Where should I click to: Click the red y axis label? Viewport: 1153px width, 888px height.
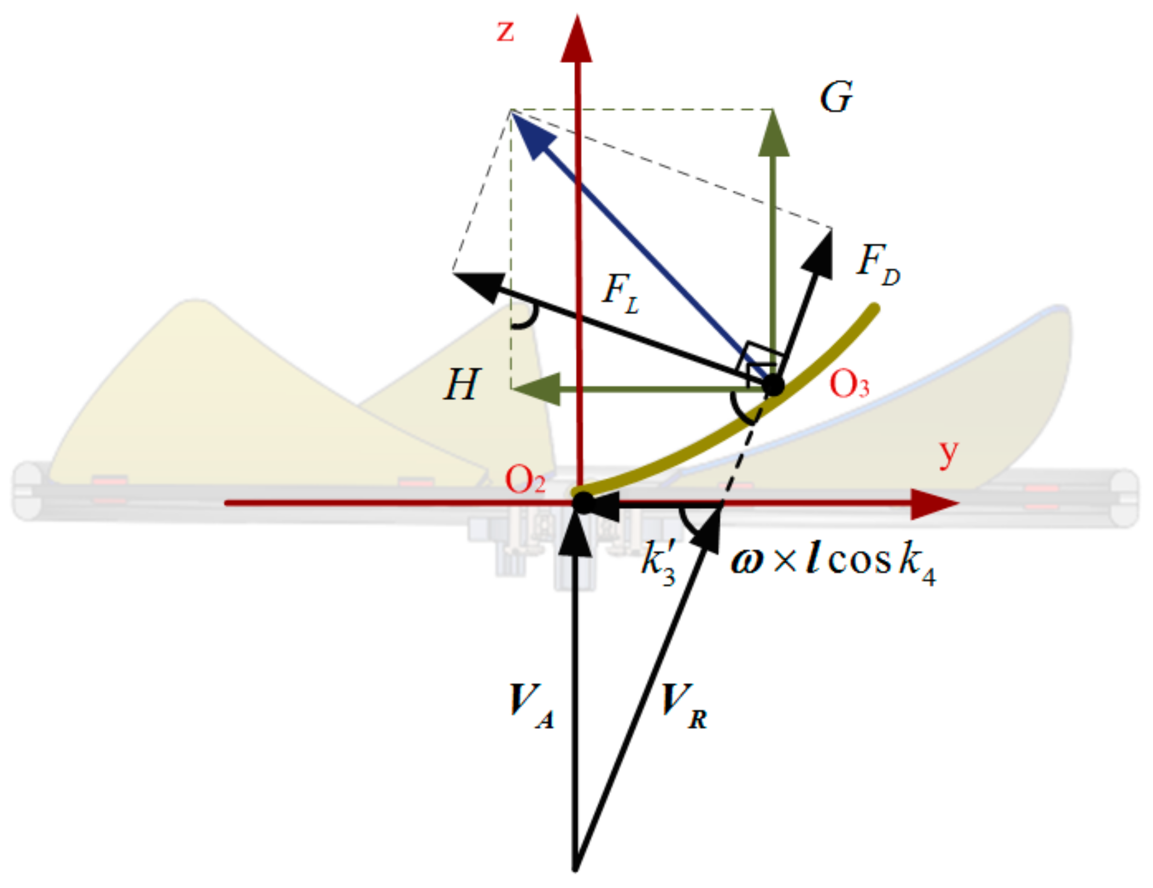tap(948, 453)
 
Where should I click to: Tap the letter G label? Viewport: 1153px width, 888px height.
tap(836, 98)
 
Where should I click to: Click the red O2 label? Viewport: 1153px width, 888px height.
tap(525, 481)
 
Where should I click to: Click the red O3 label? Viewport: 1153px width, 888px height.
tap(849, 384)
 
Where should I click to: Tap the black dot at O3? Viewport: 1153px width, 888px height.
tap(773, 385)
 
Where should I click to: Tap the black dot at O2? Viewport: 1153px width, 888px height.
tap(583, 502)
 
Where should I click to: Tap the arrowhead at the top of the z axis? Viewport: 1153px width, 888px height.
tap(576, 40)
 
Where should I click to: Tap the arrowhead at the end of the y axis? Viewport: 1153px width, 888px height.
tap(934, 504)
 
